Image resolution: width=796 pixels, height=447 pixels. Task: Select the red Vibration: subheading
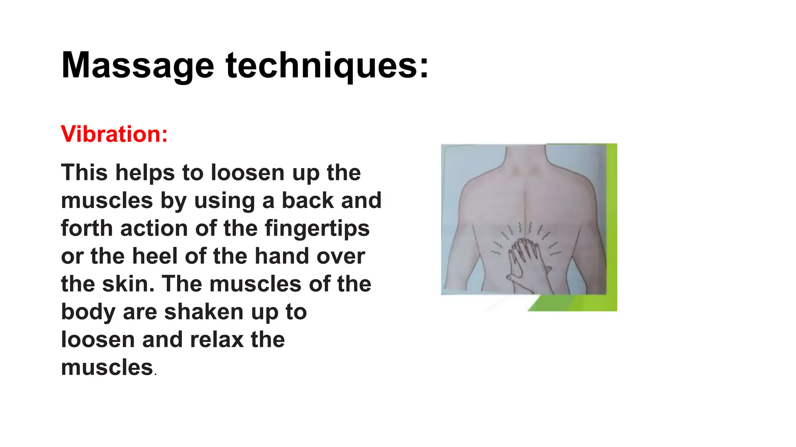point(114,134)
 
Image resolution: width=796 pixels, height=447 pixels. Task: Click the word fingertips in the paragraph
point(317,228)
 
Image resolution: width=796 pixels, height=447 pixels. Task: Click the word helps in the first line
point(145,173)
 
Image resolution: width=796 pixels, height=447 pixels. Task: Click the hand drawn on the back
point(525,258)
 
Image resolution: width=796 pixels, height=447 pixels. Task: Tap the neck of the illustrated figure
point(525,155)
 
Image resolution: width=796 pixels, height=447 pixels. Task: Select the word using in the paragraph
point(225,201)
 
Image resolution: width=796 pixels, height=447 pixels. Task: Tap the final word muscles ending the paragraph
point(107,368)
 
